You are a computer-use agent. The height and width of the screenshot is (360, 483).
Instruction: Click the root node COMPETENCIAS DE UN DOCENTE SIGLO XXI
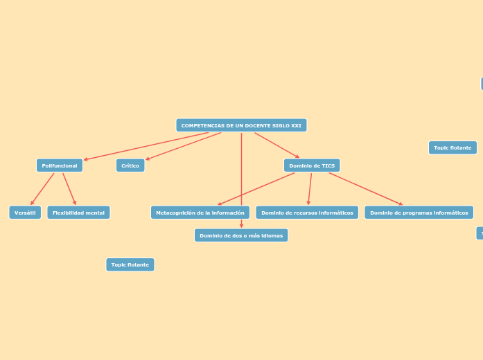[241, 125]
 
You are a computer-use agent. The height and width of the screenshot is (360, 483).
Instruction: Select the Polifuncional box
[60, 165]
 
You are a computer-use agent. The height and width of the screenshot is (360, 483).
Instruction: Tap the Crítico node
[130, 165]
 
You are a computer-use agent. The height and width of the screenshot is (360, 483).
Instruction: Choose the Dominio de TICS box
[312, 165]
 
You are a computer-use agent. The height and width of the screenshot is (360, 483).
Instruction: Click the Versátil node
[25, 213]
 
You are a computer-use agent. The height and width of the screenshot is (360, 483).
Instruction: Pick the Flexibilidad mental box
[78, 213]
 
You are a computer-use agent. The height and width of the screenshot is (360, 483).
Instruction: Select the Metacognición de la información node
[200, 213]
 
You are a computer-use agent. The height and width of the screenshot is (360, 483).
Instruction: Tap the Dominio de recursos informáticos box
[307, 213]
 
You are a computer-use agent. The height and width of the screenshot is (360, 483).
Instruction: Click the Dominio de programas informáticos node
[419, 213]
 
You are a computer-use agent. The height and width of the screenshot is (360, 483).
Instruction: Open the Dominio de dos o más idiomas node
[241, 235]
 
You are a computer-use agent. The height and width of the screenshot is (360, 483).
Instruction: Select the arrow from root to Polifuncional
[146, 146]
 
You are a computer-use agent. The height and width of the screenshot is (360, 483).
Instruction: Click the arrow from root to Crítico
[184, 145]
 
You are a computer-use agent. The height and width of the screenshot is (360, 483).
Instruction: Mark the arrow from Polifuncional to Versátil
[42, 189]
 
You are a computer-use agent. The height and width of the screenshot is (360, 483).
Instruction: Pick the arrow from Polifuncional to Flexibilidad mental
[69, 189]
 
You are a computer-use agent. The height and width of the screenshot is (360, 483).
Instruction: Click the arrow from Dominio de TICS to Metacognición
[256, 188]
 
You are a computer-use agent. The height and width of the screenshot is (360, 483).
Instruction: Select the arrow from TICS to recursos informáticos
[310, 189]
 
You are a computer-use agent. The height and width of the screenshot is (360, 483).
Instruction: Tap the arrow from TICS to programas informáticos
[366, 188]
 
